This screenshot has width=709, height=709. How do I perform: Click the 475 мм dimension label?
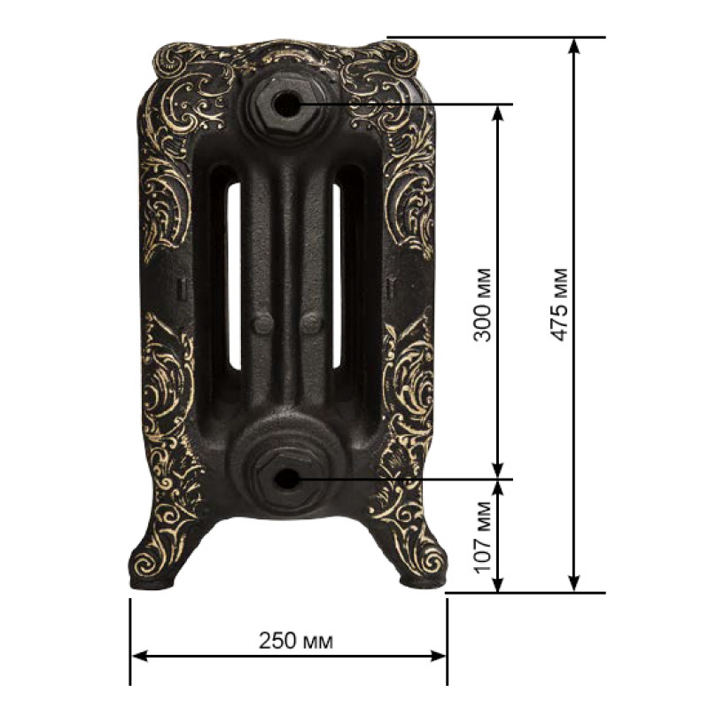(x=559, y=305)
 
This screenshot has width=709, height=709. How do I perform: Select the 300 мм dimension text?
(x=482, y=305)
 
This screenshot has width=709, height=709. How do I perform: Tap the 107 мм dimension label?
(x=483, y=537)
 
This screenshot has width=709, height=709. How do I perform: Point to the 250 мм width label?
(x=296, y=641)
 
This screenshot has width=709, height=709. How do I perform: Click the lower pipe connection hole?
(x=285, y=479)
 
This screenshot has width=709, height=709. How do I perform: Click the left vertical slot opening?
(x=234, y=275)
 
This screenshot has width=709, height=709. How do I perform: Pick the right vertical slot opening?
(x=337, y=275)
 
